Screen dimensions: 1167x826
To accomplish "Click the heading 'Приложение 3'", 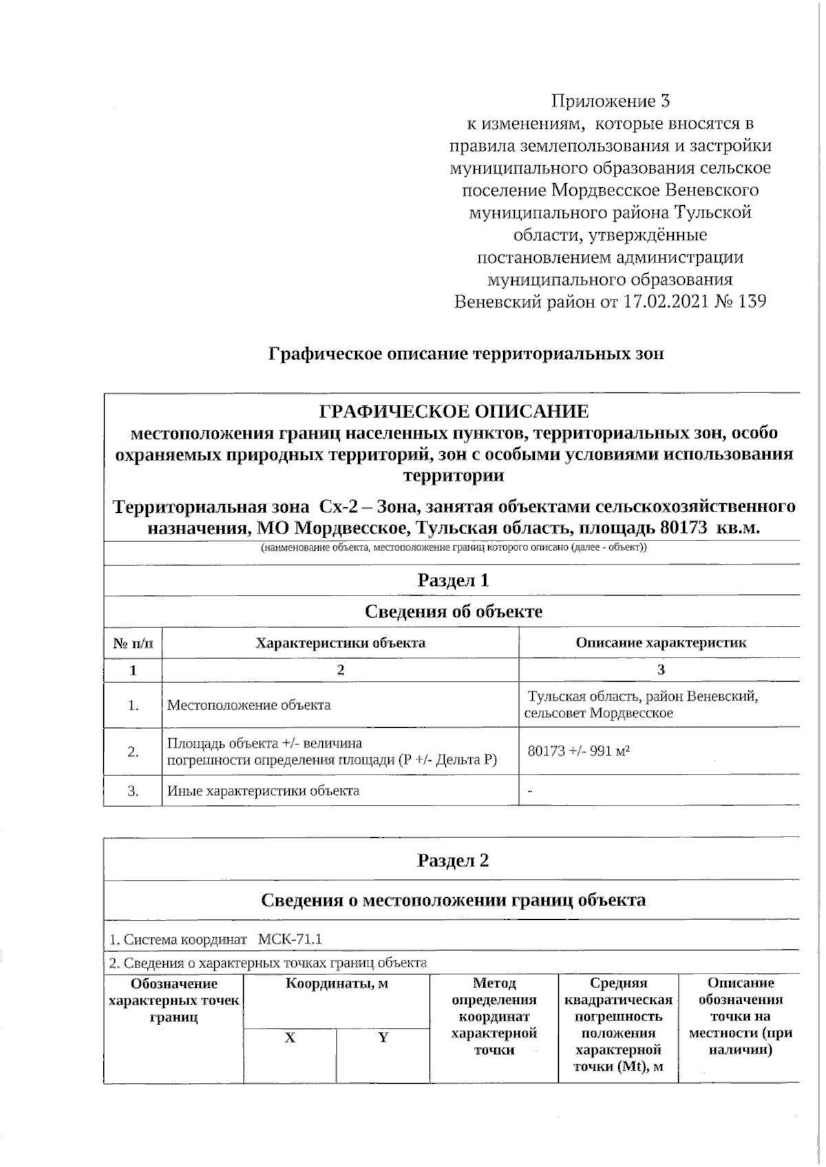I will tap(611, 102).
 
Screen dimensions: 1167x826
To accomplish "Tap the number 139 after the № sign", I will tap(752, 302).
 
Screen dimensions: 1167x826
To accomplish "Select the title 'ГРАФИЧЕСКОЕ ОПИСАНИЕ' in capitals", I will tap(454, 412).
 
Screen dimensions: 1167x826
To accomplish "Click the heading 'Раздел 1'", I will tap(453, 580).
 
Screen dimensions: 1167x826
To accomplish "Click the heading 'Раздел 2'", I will tap(453, 861).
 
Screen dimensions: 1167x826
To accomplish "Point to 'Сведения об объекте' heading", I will tap(453, 611).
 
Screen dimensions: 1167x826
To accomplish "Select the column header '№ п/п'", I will tap(133, 643).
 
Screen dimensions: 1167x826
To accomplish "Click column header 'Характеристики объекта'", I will tap(340, 643).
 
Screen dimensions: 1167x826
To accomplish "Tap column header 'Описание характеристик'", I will tap(660, 643).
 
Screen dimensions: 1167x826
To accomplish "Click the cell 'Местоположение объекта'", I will tap(248, 705).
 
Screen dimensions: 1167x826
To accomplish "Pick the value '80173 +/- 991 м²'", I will tap(579, 751).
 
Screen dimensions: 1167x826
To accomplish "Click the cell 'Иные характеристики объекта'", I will tap(263, 790).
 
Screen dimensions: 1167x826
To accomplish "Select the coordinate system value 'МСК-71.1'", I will tap(290, 939).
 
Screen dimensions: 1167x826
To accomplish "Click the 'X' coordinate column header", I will tap(290, 1038).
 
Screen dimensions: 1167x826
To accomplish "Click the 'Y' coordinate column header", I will tap(383, 1038).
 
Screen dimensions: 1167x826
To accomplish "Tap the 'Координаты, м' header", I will tap(337, 984).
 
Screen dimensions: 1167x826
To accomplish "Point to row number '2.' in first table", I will tap(133, 752).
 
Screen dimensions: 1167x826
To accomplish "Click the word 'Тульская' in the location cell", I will tap(554, 697).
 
